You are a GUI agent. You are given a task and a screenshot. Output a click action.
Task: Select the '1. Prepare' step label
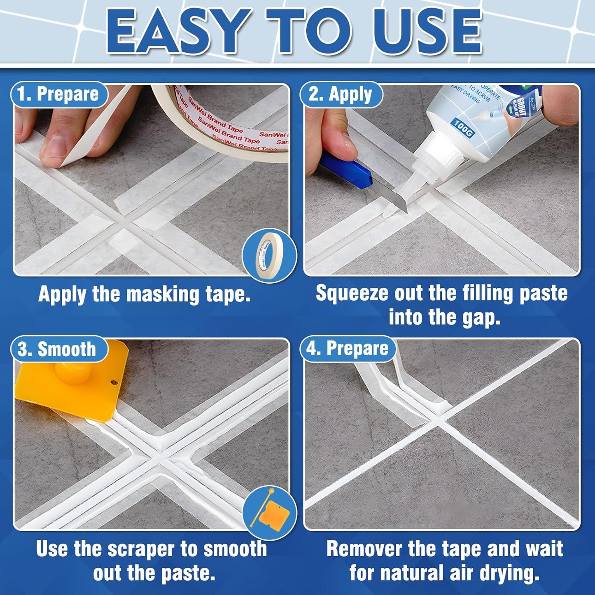(58, 94)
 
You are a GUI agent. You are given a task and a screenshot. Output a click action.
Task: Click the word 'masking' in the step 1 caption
(162, 295)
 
